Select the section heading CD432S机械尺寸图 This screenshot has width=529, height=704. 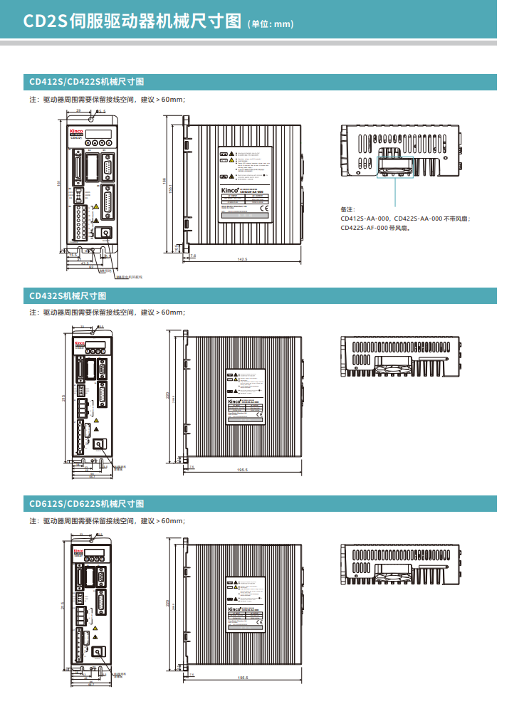67,295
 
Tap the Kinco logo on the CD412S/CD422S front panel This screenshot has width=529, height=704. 76,132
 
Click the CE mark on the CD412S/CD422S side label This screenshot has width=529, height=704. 263,209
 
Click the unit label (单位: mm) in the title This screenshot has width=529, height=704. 270,24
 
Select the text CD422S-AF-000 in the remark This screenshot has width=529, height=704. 364,228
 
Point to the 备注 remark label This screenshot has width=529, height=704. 347,209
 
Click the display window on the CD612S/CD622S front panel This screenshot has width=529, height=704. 97,552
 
